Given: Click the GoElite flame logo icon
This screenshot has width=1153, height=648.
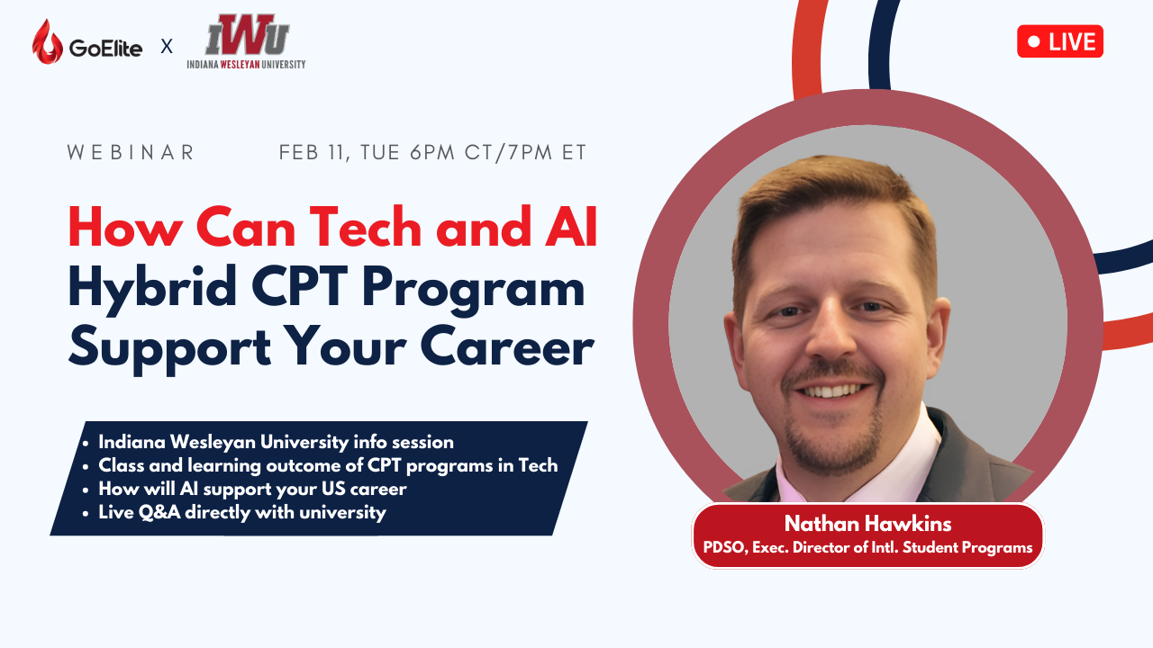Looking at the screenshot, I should (47, 42).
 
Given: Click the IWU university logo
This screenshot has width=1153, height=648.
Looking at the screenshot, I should (247, 41).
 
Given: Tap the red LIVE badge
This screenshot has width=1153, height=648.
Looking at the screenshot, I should (1060, 41).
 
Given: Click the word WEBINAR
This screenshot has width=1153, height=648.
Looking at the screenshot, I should (132, 153).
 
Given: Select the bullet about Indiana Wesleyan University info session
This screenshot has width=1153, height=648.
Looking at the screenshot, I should (276, 442).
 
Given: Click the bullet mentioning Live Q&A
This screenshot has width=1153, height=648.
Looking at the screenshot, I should (241, 512).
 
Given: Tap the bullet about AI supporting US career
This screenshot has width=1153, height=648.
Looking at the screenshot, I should (252, 489).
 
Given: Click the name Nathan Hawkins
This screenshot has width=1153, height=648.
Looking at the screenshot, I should (867, 524).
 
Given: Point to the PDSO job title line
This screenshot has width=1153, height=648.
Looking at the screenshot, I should (867, 547).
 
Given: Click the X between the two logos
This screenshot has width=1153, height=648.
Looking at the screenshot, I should (167, 46).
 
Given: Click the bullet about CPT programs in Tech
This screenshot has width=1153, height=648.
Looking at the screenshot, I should (328, 465).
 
